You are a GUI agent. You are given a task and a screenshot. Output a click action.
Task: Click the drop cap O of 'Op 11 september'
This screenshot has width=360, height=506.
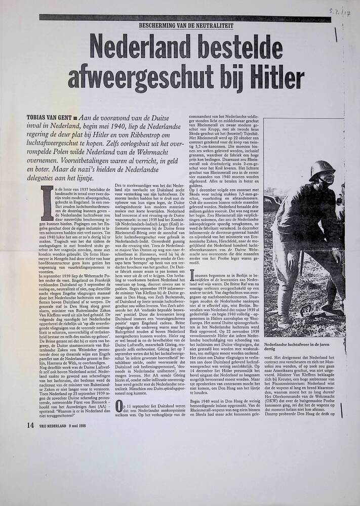119,405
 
